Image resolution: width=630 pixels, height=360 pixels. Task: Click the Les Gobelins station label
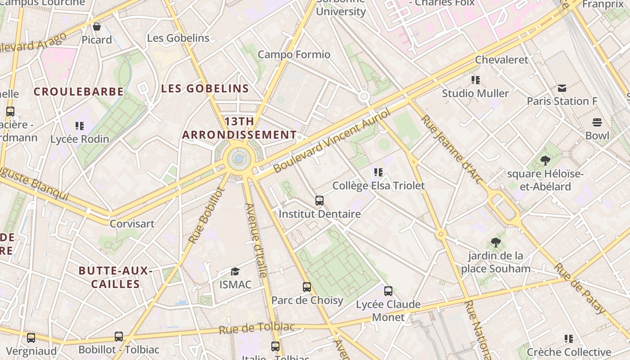[x=178, y=38]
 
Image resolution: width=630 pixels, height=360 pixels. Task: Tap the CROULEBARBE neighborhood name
[x=79, y=92]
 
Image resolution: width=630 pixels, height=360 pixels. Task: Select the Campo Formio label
[x=294, y=54]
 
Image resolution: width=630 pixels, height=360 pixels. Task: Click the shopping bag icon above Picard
[x=96, y=27]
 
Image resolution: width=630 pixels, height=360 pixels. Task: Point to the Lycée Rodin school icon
[x=80, y=126]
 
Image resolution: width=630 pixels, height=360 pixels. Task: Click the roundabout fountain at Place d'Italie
[x=238, y=158]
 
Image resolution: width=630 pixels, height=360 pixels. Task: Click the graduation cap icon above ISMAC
[x=235, y=271]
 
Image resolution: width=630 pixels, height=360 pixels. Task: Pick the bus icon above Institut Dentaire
[x=319, y=201]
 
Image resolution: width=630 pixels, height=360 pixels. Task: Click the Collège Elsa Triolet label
[x=378, y=185]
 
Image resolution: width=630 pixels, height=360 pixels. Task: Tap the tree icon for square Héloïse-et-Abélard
[x=545, y=161]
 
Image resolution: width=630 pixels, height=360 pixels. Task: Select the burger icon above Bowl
[x=597, y=122]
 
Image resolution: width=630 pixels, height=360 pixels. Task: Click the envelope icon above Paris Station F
[x=562, y=88]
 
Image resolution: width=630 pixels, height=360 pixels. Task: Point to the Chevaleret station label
[x=501, y=59]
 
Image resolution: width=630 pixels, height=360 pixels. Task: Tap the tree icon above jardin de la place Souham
[x=495, y=243]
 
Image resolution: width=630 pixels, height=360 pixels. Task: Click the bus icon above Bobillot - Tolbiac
[x=119, y=337]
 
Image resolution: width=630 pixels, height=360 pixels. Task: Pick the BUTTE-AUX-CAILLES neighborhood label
[x=115, y=277]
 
